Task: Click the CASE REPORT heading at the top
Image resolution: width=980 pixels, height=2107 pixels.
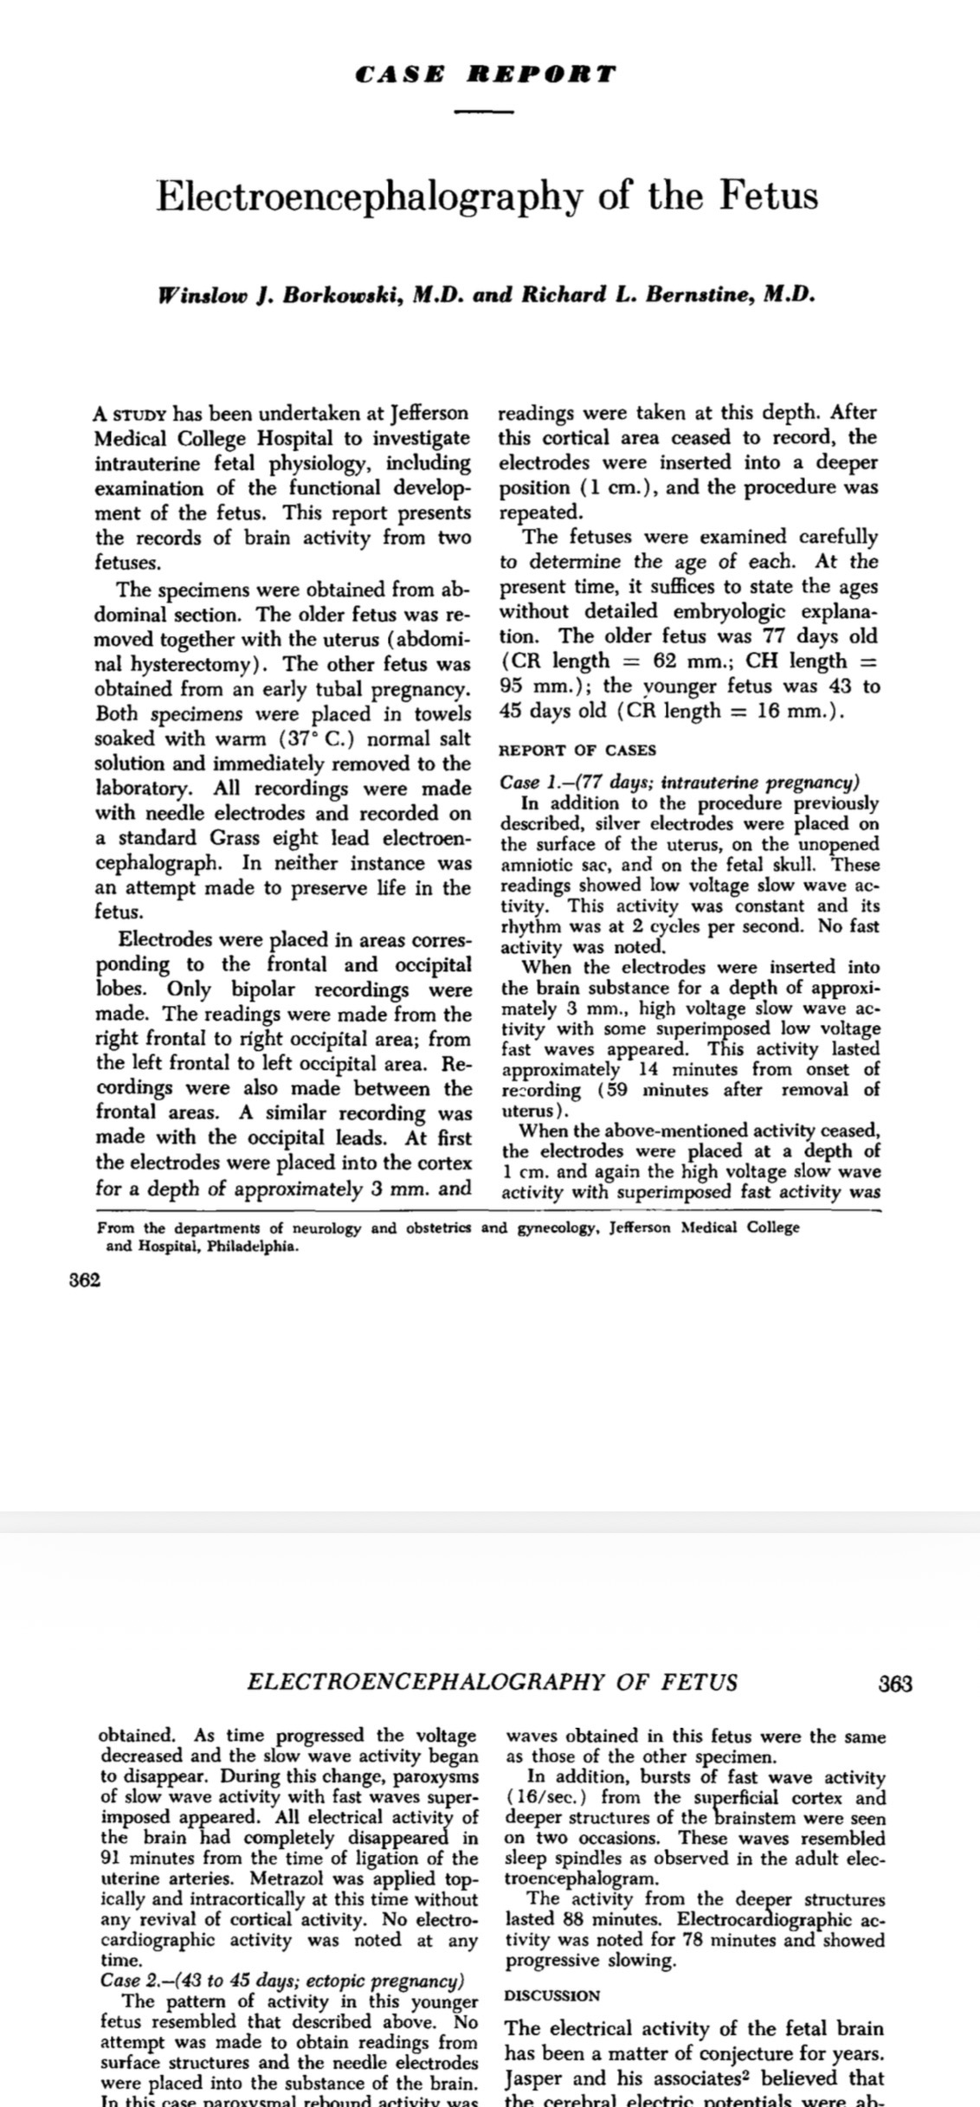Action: pos(485,74)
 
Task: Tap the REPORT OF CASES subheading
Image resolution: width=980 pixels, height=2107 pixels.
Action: pos(577,750)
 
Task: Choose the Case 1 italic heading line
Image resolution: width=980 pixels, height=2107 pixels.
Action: pos(680,783)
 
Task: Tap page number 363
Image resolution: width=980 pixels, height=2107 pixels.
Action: pos(894,1683)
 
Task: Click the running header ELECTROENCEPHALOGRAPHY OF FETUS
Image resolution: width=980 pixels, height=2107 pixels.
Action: pos(492,1682)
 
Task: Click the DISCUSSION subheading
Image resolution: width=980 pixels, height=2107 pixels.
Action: pos(552,1995)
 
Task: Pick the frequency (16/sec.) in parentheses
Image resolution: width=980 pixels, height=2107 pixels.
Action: pos(542,1798)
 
